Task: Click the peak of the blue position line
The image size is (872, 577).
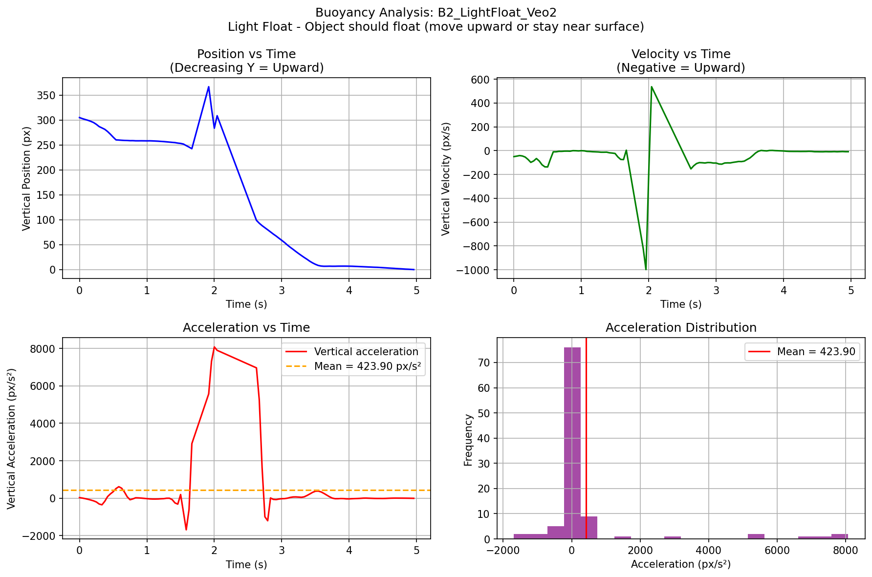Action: tap(209, 87)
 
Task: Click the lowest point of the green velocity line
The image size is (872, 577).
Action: tap(646, 269)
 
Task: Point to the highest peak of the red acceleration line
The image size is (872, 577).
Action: tap(214, 347)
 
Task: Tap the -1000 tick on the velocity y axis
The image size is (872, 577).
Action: tap(476, 270)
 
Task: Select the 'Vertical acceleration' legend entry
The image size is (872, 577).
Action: tap(366, 352)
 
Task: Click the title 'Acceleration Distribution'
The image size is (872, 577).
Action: tap(681, 328)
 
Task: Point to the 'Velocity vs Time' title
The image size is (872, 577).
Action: tap(681, 54)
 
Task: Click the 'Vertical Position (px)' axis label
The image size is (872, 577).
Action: tap(27, 178)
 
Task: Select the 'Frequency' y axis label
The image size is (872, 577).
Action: tap(468, 440)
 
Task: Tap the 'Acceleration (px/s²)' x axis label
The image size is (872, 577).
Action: tap(681, 564)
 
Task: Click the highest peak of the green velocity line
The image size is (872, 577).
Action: tap(652, 87)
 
